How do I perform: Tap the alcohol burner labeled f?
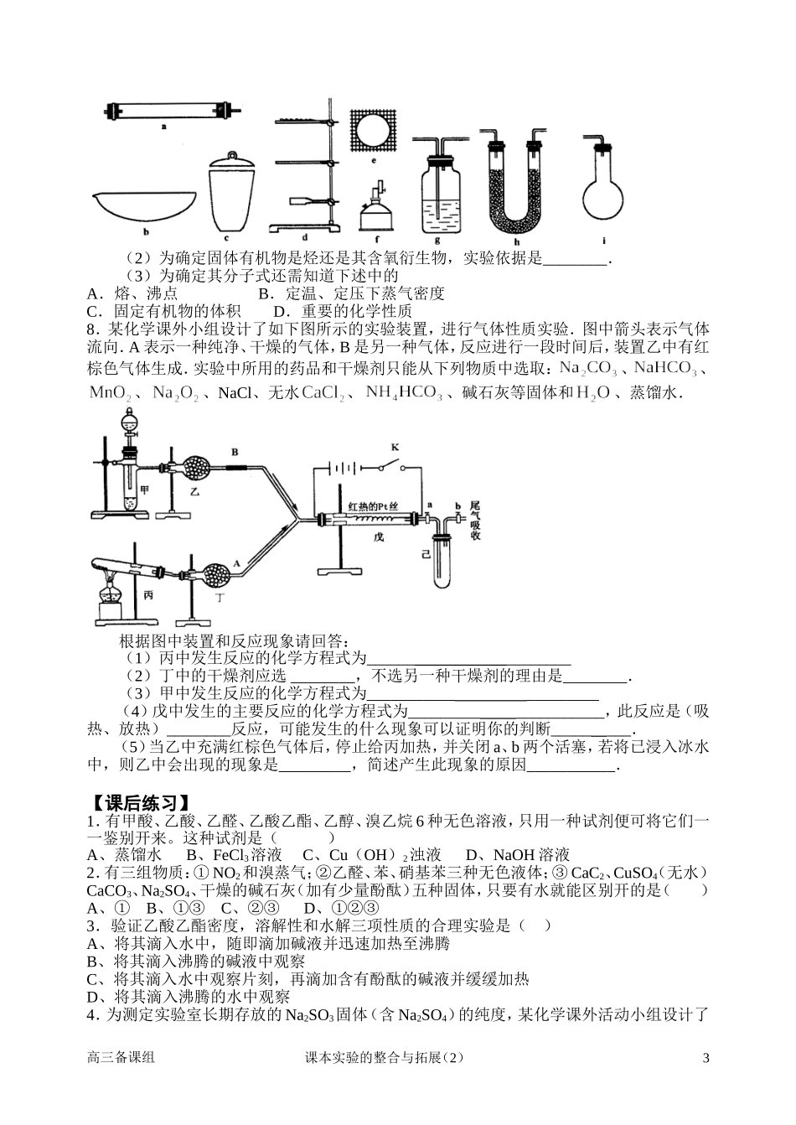pos(375,210)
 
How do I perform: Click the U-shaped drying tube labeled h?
pos(514,189)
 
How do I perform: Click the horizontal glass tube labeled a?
pos(164,111)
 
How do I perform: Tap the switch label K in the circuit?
pos(395,448)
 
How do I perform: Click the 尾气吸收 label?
pos(477,520)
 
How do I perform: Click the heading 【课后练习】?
pos(139,800)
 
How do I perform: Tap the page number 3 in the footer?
pos(706,1058)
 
